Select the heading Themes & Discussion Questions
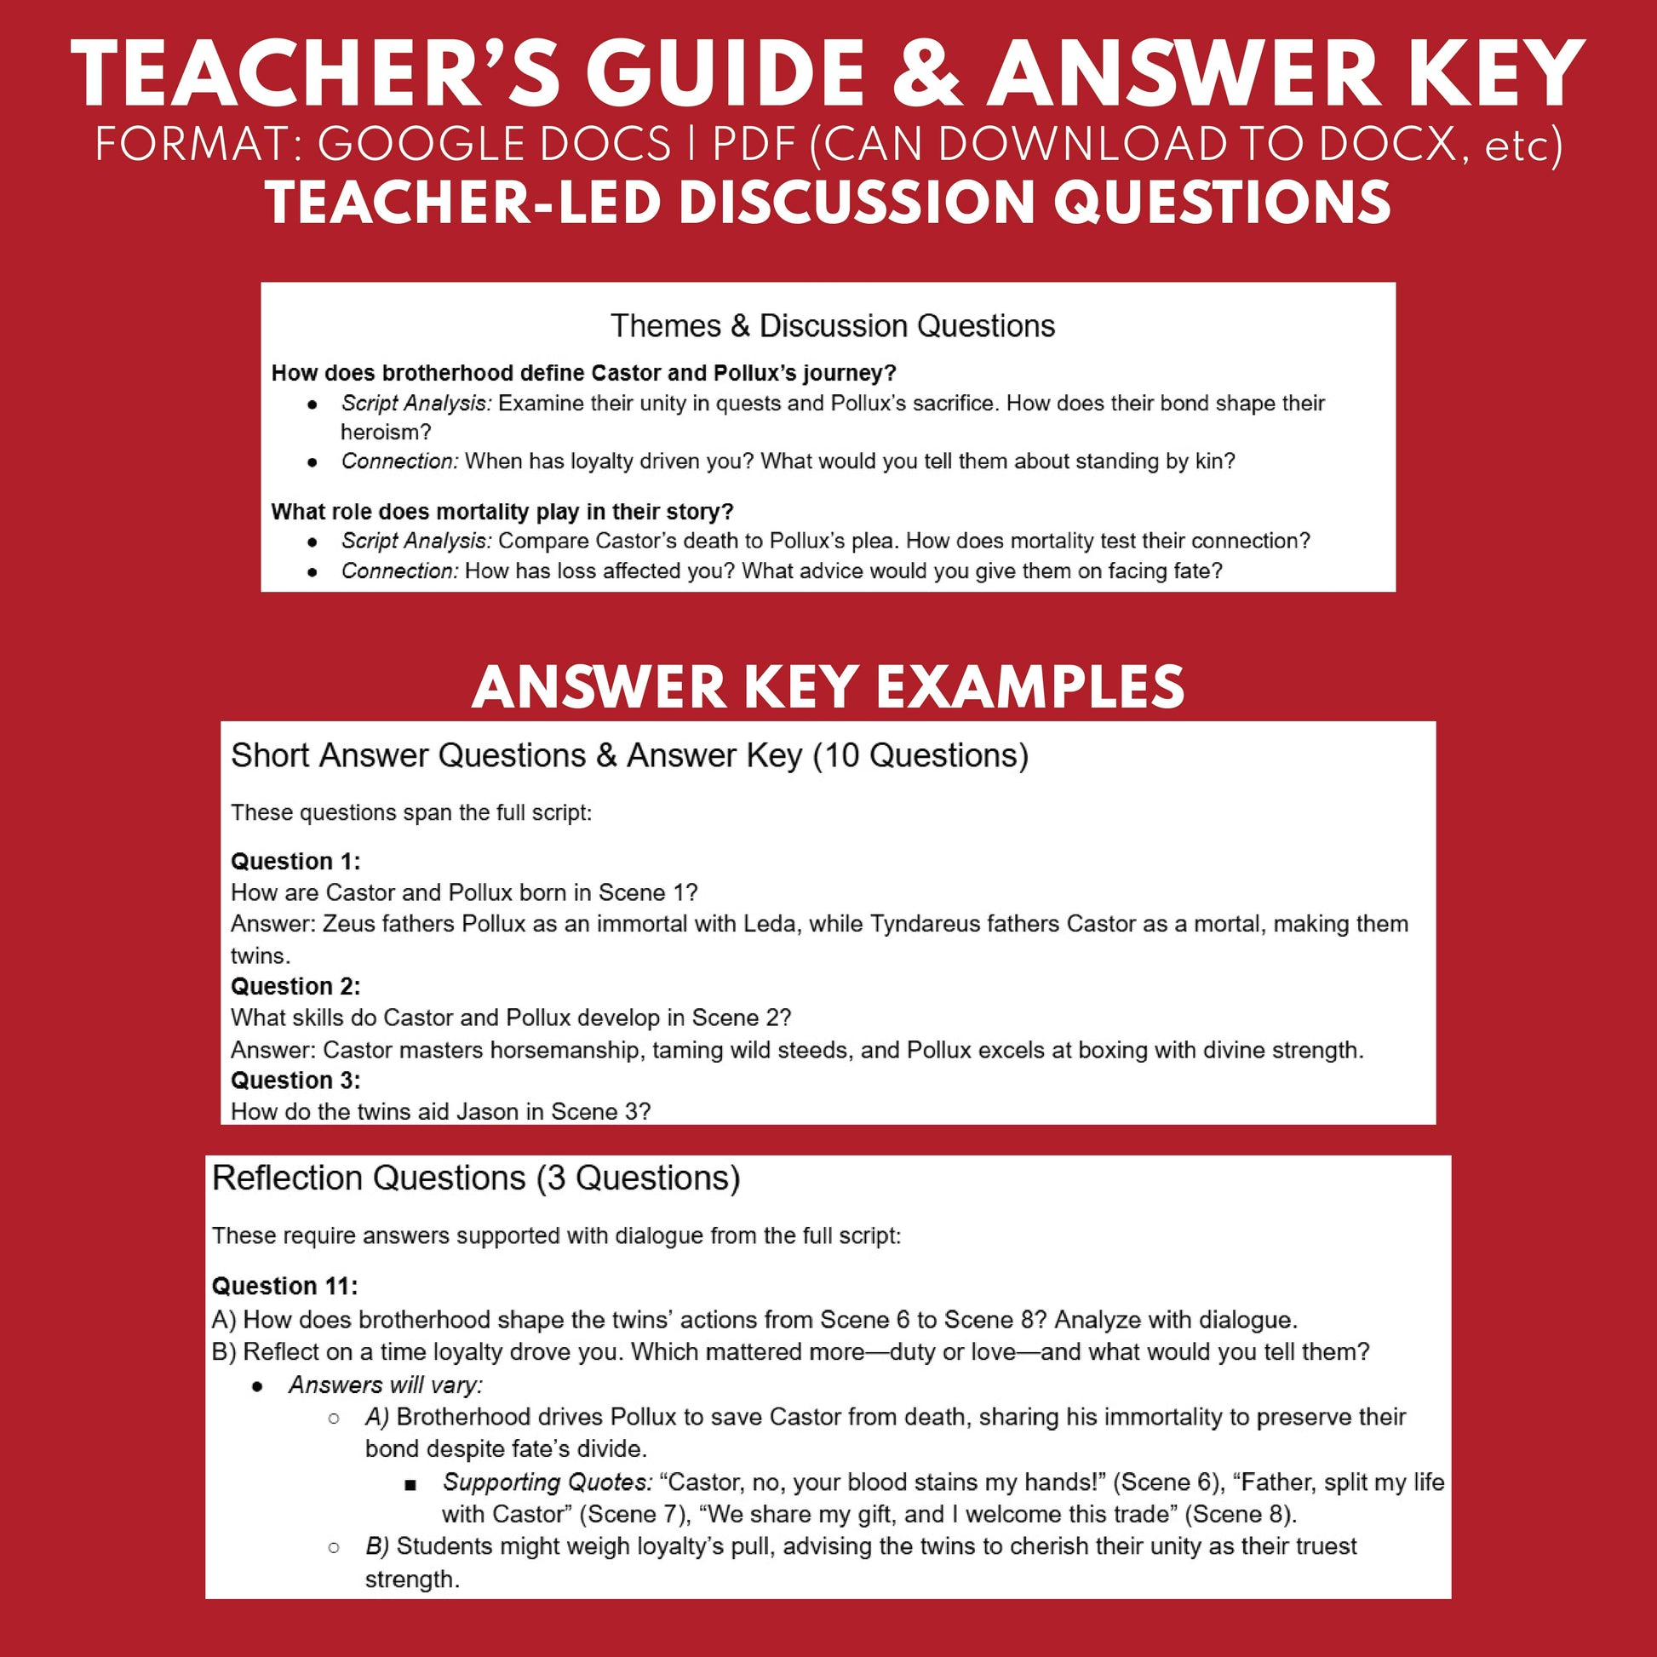[x=832, y=326]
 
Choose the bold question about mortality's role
[x=502, y=512]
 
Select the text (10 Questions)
[x=920, y=755]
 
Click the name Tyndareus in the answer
[x=924, y=924]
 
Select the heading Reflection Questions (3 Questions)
[x=476, y=1178]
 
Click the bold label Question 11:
[x=284, y=1287]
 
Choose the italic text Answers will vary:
[x=386, y=1385]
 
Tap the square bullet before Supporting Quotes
[x=410, y=1484]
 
